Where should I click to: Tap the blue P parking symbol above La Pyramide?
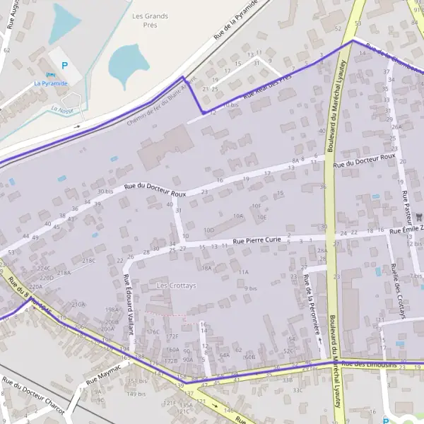pos(65,66)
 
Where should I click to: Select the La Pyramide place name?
pos(51,83)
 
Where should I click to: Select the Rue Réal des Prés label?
pos(267,88)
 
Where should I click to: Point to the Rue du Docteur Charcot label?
pos(33,396)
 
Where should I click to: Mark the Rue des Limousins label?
pos(366,363)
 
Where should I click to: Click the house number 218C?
pos(88,260)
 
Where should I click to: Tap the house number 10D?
pos(208,230)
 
